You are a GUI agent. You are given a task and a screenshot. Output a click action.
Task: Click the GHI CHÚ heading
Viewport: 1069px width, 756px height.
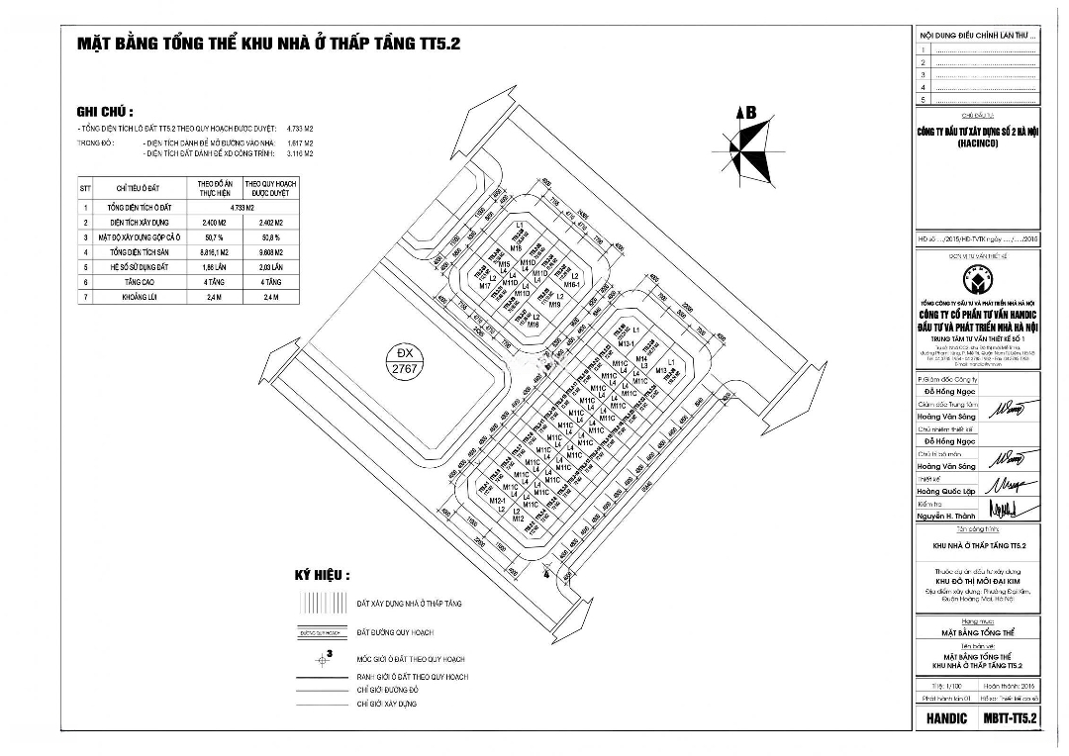point(105,112)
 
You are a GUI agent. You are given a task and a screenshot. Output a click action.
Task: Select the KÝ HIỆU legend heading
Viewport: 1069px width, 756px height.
point(322,575)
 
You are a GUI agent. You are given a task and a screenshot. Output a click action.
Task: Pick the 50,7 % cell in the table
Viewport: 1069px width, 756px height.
point(215,238)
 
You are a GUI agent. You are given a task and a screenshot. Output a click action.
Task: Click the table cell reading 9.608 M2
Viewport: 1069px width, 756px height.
point(270,253)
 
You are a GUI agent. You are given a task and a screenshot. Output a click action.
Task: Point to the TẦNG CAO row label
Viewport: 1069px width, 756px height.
point(137,282)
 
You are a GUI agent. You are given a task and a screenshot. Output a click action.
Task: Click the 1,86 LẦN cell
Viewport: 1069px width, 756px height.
point(215,268)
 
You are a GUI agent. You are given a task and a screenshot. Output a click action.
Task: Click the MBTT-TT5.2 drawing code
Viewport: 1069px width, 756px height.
point(1010,717)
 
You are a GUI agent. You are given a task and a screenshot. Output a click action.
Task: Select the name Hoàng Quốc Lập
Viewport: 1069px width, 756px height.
point(946,492)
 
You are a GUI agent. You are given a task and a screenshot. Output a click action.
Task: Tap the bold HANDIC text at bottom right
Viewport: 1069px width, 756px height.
point(947,717)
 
